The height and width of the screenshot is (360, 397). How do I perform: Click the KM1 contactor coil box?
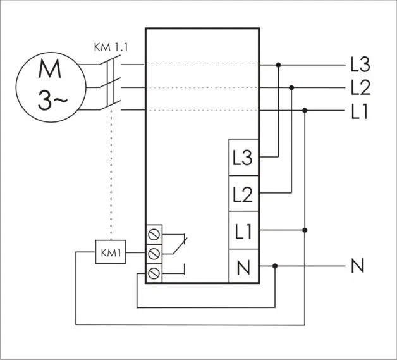pos(111,252)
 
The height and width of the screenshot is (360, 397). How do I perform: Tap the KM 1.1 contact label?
pos(111,47)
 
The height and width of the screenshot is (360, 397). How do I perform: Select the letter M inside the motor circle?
pos(49,68)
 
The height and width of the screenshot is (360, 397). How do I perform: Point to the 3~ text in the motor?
pos(52,101)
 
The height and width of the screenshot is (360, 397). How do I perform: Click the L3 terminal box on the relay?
pos(243,158)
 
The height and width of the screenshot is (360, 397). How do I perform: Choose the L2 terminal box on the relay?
pos(243,194)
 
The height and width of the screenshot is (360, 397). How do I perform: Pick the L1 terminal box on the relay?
pos(243,230)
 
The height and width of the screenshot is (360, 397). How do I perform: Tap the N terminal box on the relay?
pos(243,266)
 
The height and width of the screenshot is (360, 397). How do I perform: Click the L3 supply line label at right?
pos(360,65)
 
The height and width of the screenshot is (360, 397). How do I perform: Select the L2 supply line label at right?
pos(360,87)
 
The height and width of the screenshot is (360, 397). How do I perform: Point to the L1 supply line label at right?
pos(360,111)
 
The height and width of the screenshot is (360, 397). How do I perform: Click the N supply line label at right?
pos(358,266)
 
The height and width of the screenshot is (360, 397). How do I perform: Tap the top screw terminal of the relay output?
pos(154,234)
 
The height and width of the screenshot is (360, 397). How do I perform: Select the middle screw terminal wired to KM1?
pos(154,254)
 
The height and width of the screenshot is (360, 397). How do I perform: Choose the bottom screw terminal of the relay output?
pos(154,273)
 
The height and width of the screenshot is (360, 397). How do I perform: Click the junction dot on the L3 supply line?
pos(279,65)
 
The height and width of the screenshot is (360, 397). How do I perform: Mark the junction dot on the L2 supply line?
pos(291,88)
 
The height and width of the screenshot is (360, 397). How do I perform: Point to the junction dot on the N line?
pos(275,266)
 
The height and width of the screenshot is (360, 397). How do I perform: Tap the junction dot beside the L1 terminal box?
pos(305,230)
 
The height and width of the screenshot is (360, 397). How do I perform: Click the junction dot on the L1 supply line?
pos(305,111)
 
